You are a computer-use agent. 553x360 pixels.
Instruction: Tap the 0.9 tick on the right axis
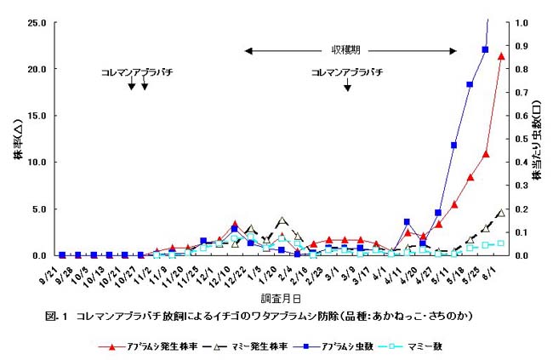coord(521,46)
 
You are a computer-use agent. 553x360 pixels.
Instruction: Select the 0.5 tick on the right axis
coord(521,139)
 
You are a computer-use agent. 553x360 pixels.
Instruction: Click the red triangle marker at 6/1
coord(501,56)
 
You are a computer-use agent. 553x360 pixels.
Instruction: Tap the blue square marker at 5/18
coord(470,84)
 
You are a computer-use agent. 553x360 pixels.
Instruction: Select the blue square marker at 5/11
coord(454,146)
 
